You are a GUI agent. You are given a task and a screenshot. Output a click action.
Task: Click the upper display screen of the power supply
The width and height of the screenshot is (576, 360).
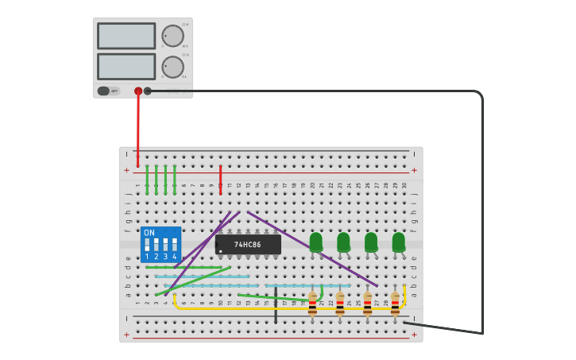[126, 36]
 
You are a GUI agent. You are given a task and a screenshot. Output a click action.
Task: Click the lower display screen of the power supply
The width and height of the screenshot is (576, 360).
[126, 66]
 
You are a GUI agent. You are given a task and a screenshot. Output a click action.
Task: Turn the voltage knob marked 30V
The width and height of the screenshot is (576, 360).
[172, 36]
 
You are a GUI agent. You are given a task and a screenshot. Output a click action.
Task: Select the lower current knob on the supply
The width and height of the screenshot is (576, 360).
[172, 67]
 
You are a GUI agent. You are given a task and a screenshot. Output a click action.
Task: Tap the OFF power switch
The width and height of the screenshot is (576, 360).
[109, 91]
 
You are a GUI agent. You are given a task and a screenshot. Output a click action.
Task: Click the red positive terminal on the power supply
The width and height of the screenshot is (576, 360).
[138, 91]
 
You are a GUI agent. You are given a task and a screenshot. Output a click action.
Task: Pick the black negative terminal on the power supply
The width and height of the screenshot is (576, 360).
[148, 91]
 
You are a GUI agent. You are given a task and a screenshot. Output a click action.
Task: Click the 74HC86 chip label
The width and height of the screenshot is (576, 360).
[248, 244]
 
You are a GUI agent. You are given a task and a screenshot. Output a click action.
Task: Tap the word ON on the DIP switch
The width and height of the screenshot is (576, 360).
[149, 233]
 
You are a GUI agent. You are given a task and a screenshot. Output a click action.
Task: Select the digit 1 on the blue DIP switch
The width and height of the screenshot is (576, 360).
[147, 257]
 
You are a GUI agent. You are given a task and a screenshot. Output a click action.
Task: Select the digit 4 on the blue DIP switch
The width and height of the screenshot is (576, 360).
[175, 257]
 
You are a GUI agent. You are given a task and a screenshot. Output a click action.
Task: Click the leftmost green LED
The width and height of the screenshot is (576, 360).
[316, 242]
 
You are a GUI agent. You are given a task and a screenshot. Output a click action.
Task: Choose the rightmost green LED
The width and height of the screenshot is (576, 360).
[399, 242]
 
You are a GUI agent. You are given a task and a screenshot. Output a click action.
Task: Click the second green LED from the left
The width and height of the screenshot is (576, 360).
[343, 242]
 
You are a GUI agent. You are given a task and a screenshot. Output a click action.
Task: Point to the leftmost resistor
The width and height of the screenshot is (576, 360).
[312, 304]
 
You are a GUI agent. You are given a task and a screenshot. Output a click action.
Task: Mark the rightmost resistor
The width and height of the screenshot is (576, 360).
[395, 304]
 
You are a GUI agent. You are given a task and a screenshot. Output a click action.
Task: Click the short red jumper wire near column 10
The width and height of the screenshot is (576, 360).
[220, 180]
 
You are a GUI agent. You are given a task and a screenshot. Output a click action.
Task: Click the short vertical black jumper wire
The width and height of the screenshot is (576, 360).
[276, 307]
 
